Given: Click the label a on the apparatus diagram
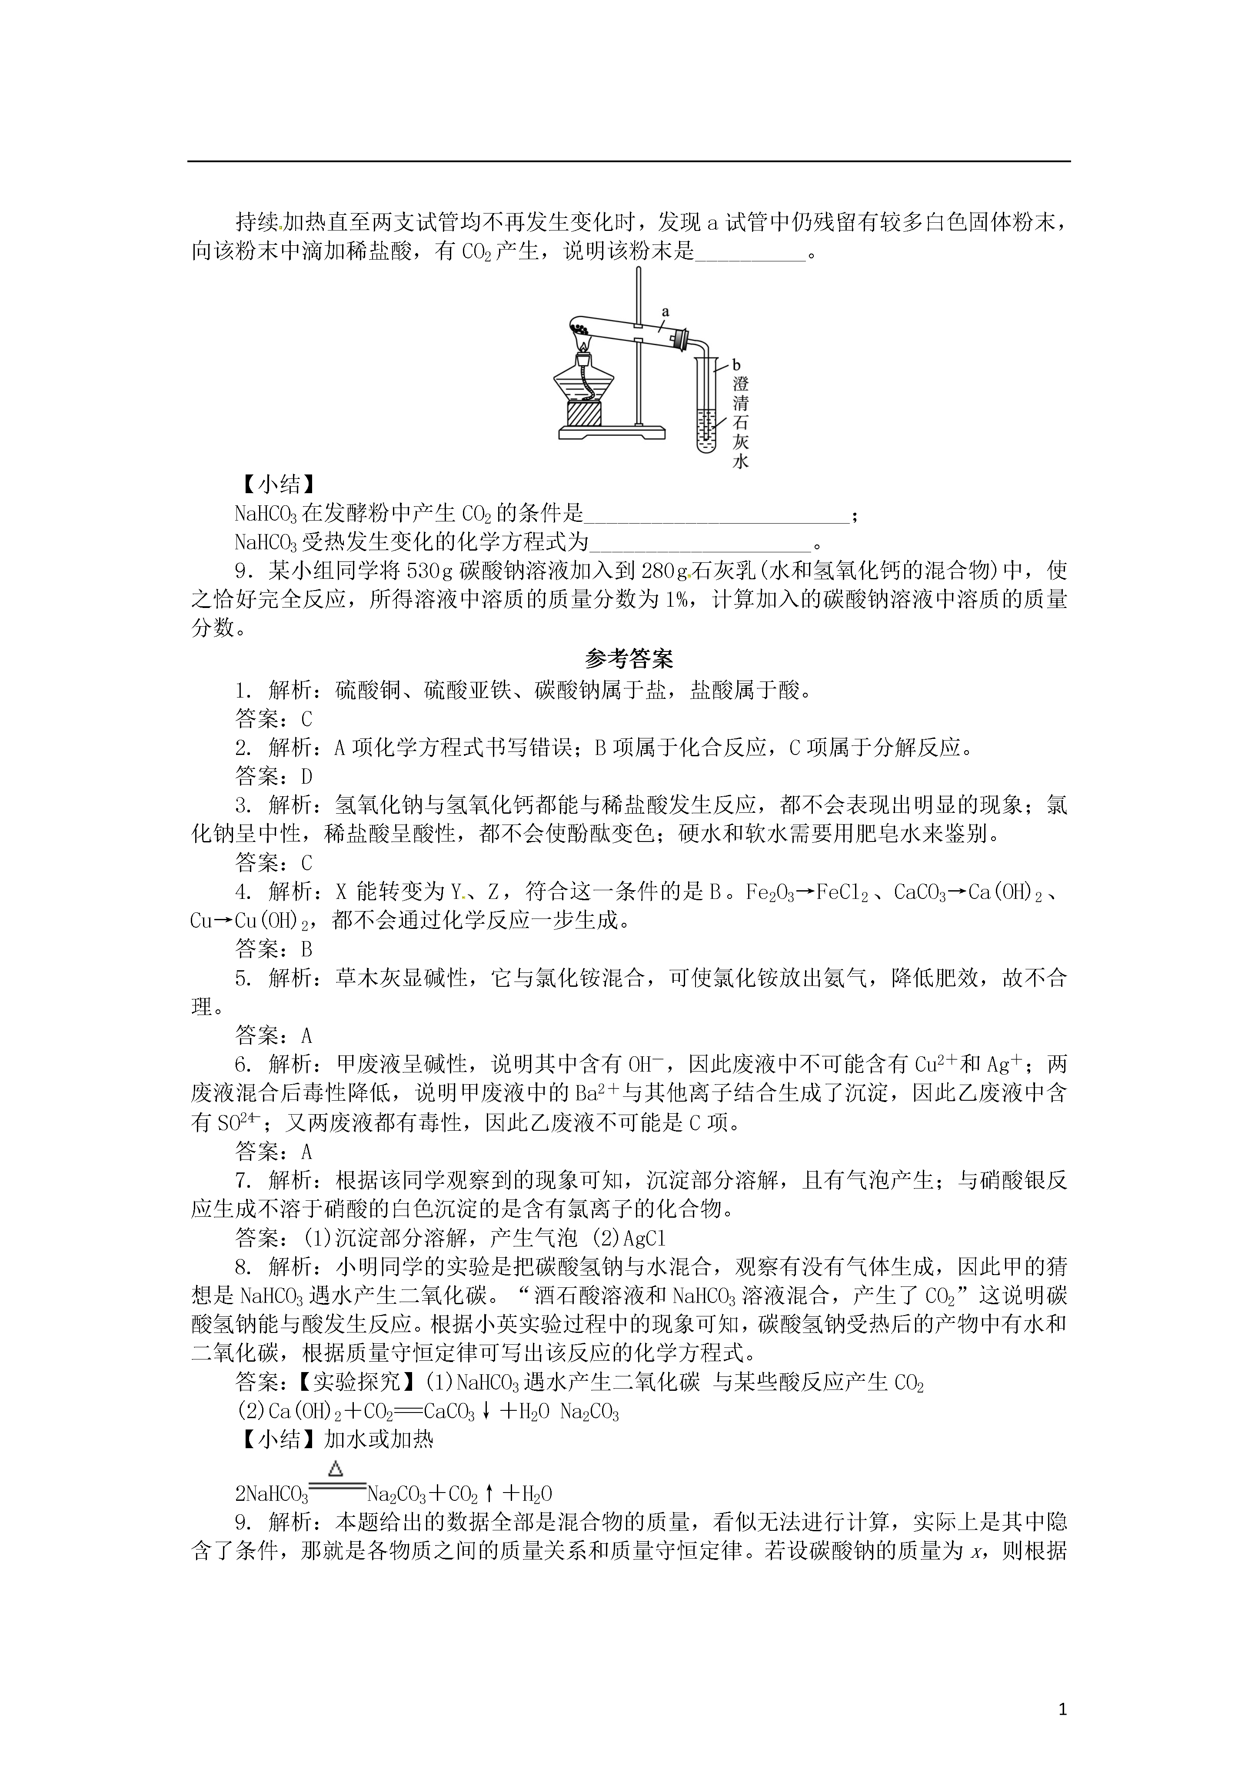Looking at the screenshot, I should tap(665, 312).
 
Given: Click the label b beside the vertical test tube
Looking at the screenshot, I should tap(736, 364).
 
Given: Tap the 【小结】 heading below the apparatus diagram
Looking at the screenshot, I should tap(277, 484).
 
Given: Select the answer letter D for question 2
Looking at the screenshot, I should tap(307, 776).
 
